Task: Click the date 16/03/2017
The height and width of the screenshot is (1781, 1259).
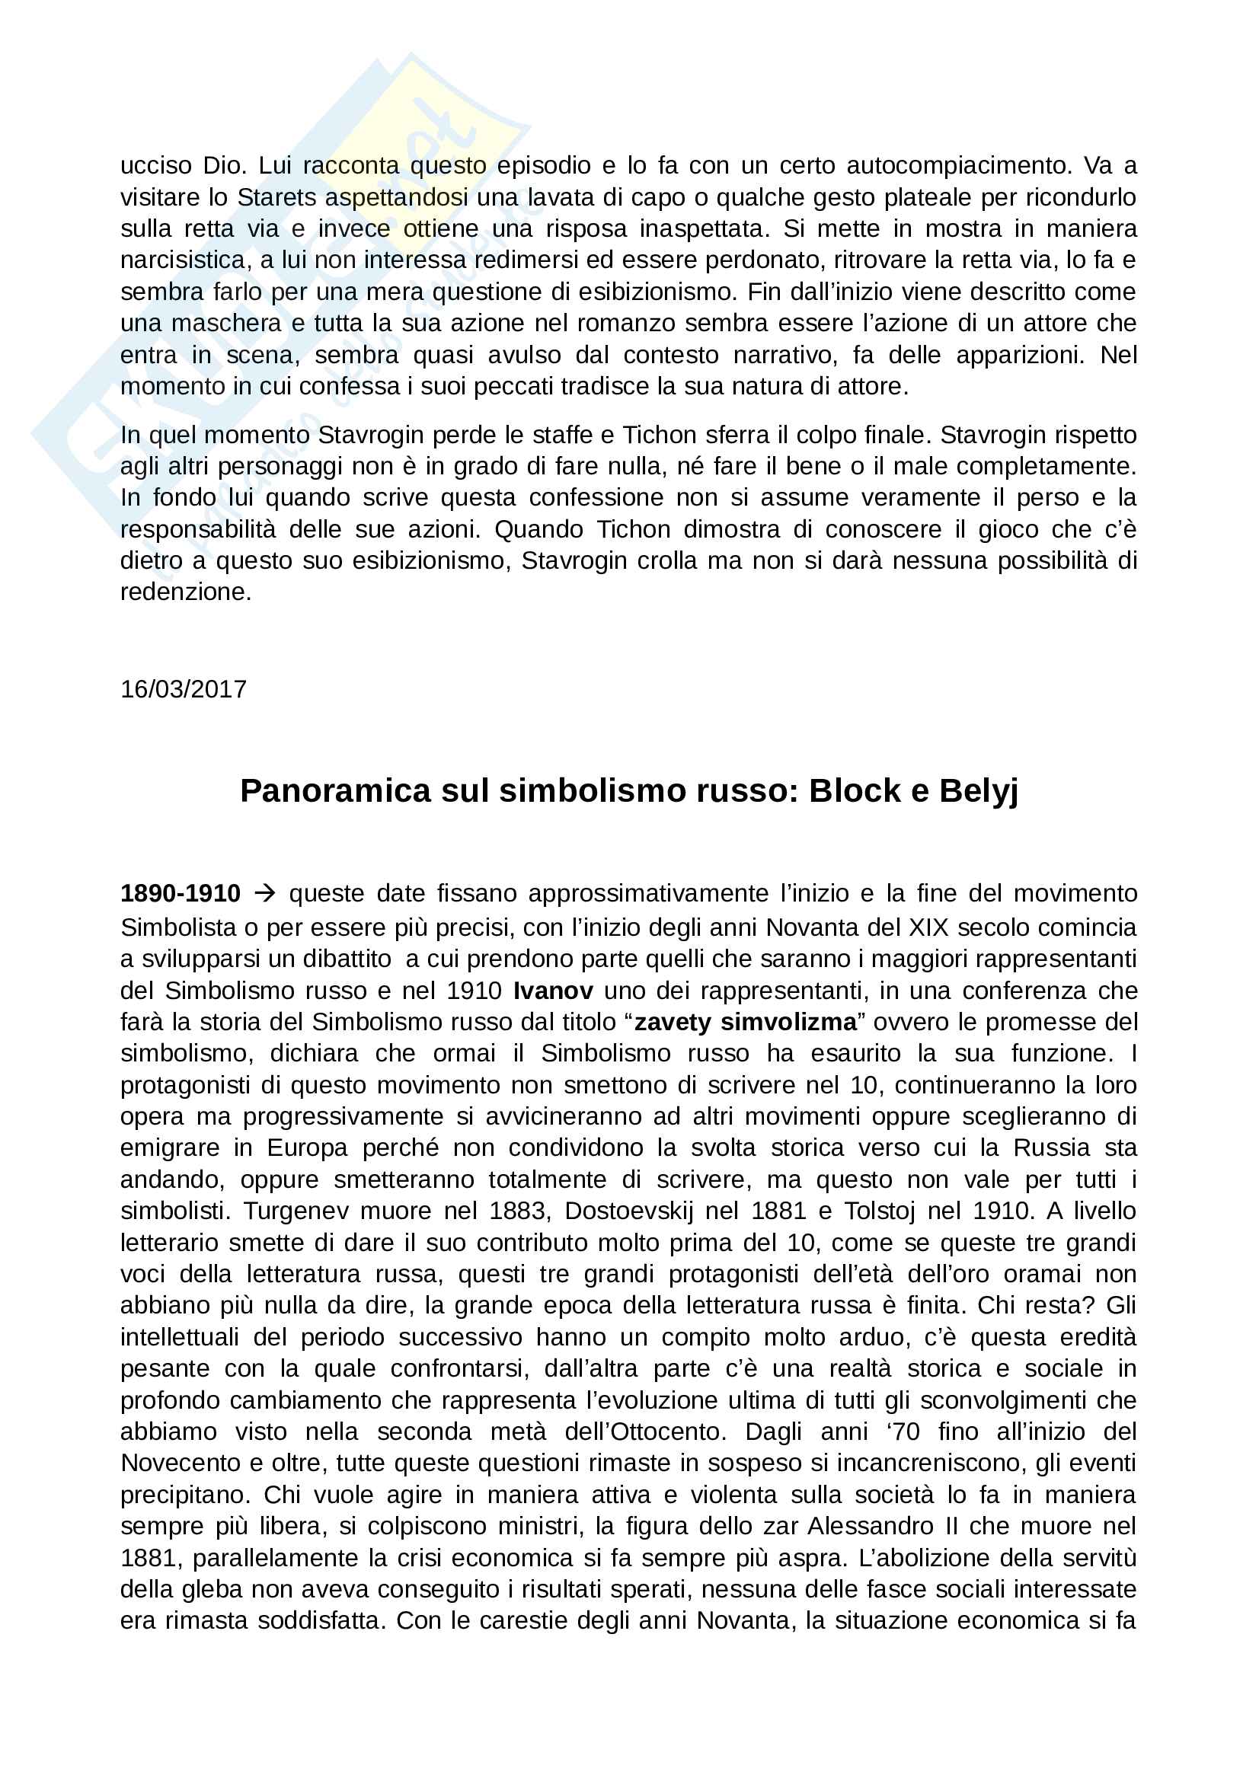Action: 183,689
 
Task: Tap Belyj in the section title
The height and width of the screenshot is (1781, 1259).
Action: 978,792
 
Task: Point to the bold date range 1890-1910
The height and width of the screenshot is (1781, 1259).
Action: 180,894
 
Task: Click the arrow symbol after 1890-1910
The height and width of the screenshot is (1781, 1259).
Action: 265,894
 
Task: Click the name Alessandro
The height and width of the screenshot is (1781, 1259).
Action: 871,1526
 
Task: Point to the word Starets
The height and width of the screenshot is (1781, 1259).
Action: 277,197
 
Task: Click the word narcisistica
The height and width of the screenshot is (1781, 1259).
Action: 184,260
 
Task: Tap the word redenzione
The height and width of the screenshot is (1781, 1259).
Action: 185,592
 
